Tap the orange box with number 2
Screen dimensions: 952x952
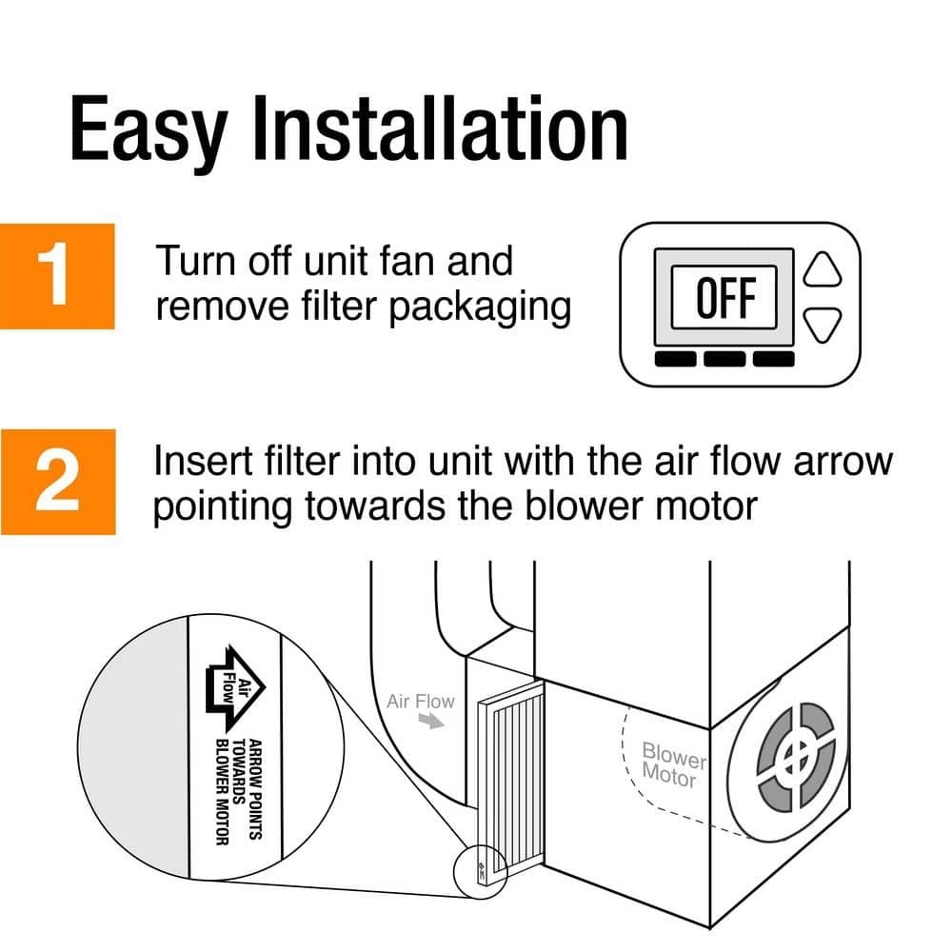(x=57, y=482)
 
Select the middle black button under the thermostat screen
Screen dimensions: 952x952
(x=724, y=359)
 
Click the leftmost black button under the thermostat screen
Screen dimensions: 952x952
(x=675, y=359)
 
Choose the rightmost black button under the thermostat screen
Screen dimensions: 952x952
(x=773, y=359)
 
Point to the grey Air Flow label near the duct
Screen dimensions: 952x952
(x=421, y=703)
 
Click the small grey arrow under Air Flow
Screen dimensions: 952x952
(x=433, y=723)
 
